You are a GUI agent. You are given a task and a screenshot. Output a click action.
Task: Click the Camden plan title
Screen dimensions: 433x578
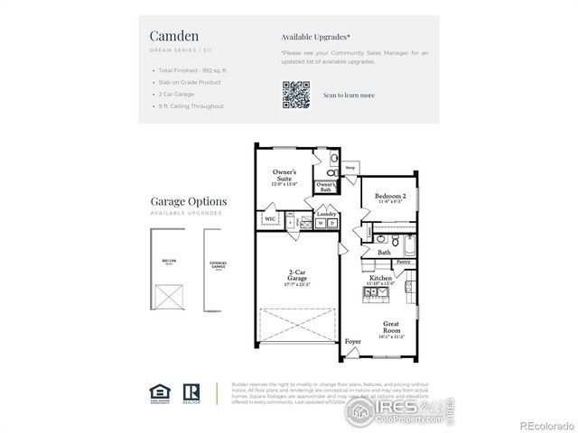169,36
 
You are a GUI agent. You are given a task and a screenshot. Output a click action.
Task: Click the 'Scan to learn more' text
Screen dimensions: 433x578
349,95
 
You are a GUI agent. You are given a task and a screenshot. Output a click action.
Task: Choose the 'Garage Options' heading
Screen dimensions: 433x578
189,202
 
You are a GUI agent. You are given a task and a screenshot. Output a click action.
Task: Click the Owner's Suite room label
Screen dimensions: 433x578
285,176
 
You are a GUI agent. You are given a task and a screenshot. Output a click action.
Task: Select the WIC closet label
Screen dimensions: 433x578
270,218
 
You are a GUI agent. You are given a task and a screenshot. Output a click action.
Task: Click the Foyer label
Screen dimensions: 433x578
354,341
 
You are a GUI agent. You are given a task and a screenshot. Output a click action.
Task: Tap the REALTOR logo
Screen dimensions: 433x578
191,391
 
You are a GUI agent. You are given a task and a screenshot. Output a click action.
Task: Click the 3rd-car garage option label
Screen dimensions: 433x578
168,263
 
